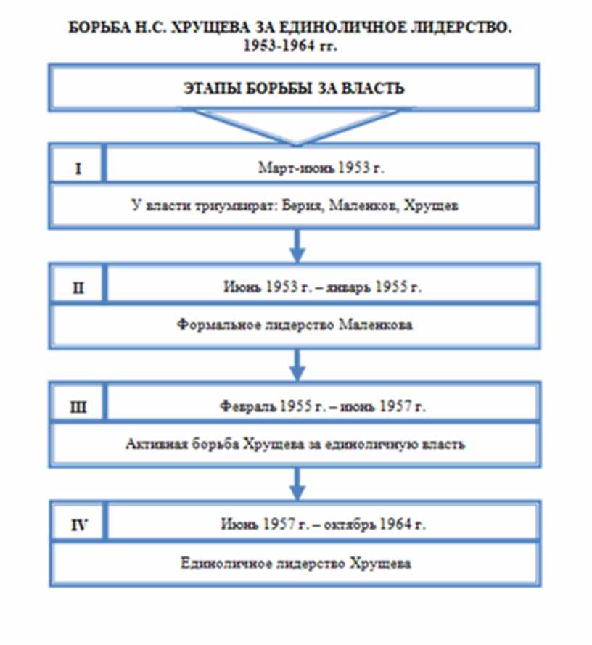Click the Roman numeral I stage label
point(78,168)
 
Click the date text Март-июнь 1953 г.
point(320,168)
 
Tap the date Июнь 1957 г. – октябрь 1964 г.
point(321,523)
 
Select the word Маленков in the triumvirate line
point(356,206)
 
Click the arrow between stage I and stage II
point(296,246)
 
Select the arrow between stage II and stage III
point(296,365)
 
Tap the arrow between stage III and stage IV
point(296,483)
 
